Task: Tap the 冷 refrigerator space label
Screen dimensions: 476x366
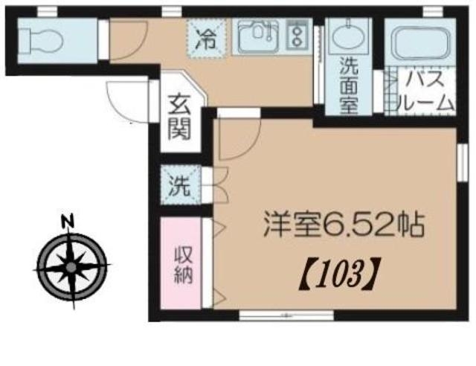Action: [207, 39]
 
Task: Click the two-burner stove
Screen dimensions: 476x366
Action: [297, 36]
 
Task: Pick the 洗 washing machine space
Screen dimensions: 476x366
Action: [180, 185]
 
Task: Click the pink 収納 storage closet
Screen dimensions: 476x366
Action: [181, 263]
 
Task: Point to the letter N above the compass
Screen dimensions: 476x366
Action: [68, 221]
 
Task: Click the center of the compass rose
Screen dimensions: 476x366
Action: [71, 267]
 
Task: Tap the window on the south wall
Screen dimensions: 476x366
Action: [286, 315]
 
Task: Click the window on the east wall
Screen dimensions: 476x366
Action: [463, 163]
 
